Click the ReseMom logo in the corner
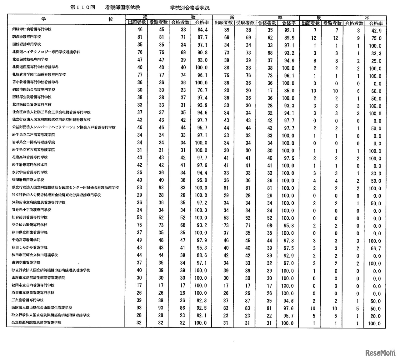coord(379,352)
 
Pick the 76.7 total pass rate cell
coord(201,91)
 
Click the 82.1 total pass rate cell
coord(201,315)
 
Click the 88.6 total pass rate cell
coord(201,256)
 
